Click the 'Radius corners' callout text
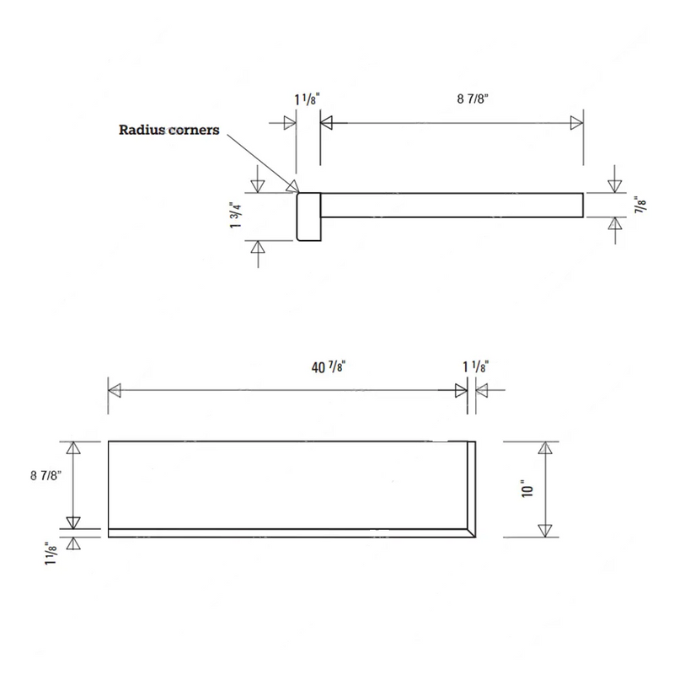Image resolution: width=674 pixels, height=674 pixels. pyautogui.click(x=168, y=131)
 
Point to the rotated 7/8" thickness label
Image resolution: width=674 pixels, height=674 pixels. pyautogui.click(x=641, y=203)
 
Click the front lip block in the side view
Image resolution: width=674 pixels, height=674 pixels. pyautogui.click(x=308, y=217)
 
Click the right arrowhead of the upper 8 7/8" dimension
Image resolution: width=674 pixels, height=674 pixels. pyautogui.click(x=577, y=123)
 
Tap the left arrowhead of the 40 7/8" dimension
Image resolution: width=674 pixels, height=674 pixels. pyautogui.click(x=115, y=390)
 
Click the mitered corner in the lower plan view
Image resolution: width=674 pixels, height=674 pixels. pyautogui.click(x=468, y=532)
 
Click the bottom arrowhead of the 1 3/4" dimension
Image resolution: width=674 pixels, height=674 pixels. pyautogui.click(x=259, y=247)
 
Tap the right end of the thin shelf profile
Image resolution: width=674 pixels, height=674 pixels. pyautogui.click(x=581, y=204)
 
